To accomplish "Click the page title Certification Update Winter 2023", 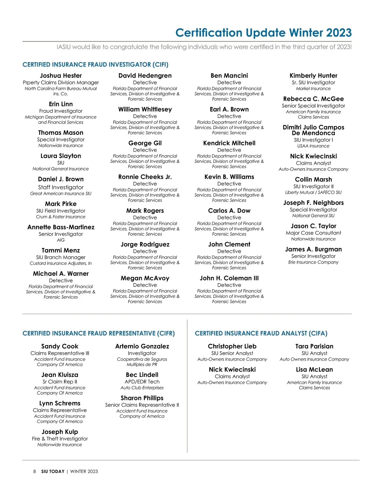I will click(263, 33).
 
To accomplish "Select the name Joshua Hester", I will click(61, 76).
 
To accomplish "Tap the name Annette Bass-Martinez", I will click(61, 227).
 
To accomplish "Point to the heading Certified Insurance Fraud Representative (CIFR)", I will click(99, 333).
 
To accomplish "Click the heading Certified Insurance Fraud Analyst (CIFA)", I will click(261, 333).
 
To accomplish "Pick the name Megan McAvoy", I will click(145, 278).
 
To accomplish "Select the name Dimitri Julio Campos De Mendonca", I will click(313, 130).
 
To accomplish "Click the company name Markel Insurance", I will click(313, 89).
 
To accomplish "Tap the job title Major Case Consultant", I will click(313, 233).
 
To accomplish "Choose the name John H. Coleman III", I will click(229, 278).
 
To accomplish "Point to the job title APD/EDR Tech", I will click(142, 382).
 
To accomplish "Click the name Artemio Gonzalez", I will click(142, 346).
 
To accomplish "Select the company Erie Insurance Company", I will click(313, 262).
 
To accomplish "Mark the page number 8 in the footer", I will click(35, 471).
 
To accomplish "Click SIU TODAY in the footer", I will click(53, 471).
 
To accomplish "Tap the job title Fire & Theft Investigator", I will click(60, 439).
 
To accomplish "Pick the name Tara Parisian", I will click(314, 346).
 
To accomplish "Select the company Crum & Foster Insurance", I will click(61, 217).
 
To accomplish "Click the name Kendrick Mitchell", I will click(229, 143).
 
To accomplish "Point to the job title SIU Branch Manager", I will click(61, 258).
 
